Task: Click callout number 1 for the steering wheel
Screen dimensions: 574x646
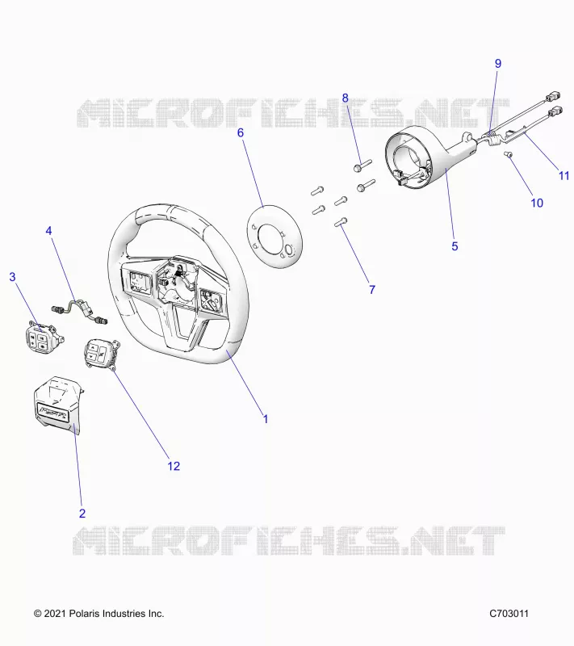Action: click(x=266, y=419)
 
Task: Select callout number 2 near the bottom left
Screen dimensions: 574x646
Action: click(x=82, y=514)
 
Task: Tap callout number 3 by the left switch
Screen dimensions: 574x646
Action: click(x=12, y=277)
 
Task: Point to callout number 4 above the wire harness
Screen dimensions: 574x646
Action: click(x=48, y=231)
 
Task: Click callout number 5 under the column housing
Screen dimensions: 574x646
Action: click(x=455, y=246)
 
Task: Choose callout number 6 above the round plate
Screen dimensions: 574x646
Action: click(x=241, y=132)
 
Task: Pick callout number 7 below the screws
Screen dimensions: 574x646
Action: click(x=372, y=290)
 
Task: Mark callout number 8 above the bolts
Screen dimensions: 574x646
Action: click(x=345, y=98)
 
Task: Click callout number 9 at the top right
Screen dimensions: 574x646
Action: click(x=498, y=64)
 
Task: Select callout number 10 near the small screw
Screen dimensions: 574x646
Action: click(x=537, y=203)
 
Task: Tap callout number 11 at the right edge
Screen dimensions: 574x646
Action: click(x=564, y=175)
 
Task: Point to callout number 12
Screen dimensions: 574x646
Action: click(x=174, y=466)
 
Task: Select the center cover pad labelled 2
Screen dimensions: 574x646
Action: click(x=59, y=405)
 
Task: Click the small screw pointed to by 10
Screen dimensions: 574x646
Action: click(x=509, y=154)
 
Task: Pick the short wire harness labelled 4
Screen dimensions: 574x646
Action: click(x=79, y=311)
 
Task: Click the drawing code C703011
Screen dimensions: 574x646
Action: click(x=509, y=614)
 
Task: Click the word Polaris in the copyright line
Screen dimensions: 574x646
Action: click(x=84, y=614)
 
